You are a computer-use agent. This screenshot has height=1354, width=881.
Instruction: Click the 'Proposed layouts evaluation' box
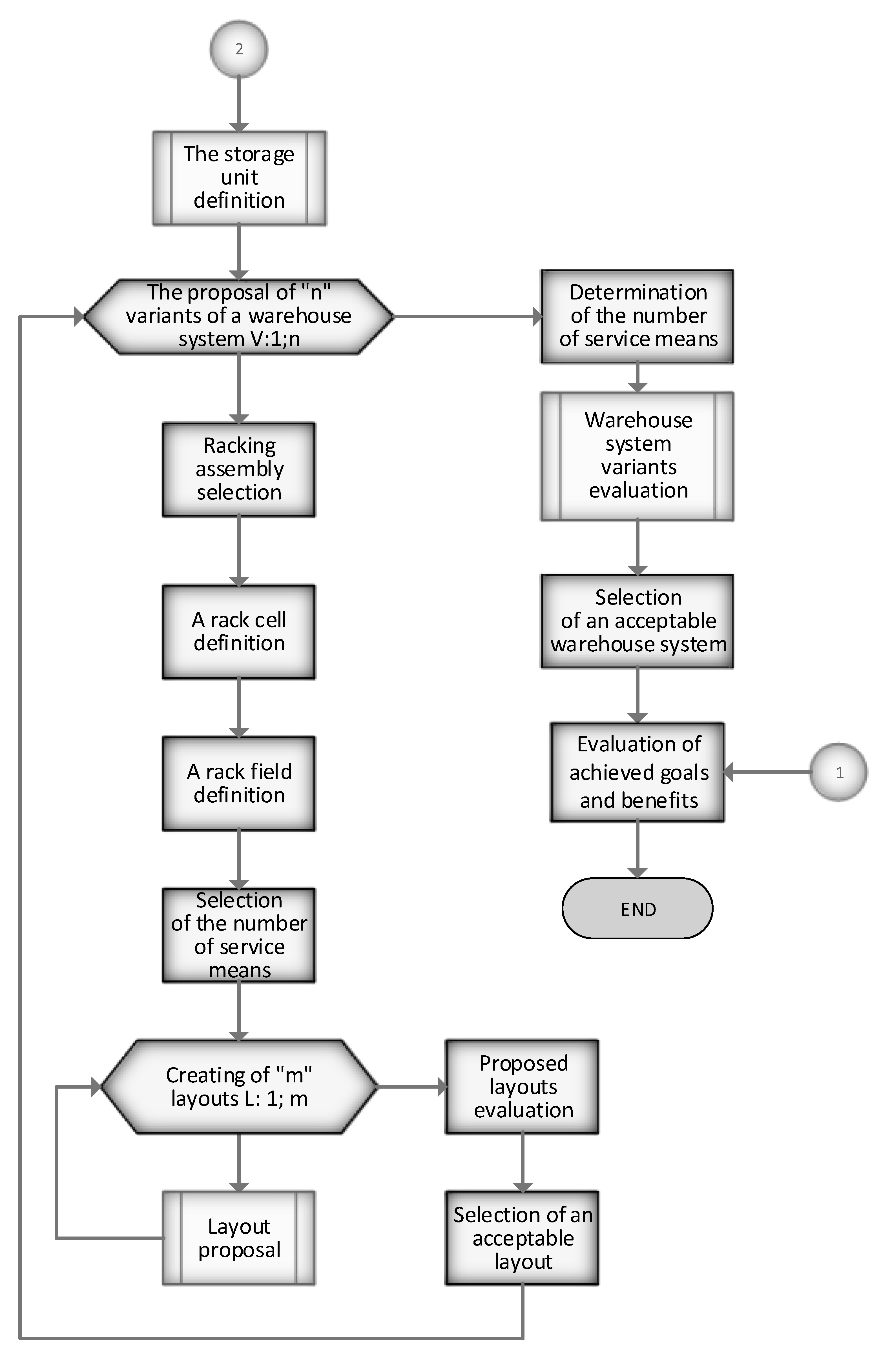(x=522, y=1087)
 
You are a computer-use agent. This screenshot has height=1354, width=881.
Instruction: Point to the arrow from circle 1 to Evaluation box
(x=768, y=772)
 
